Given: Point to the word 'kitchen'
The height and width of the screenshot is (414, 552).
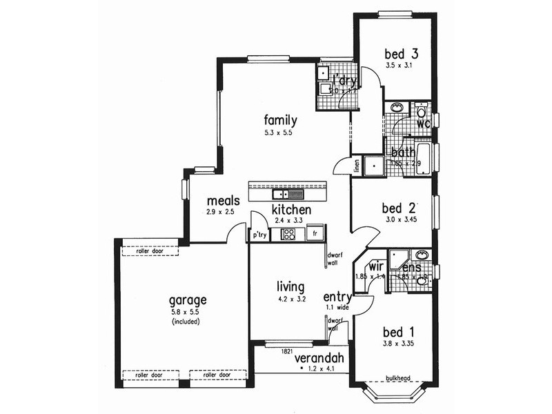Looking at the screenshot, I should (x=290, y=210).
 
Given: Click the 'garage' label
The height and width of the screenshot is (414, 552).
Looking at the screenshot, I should (x=188, y=300).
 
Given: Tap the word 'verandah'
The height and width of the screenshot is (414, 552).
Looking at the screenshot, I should (x=319, y=359).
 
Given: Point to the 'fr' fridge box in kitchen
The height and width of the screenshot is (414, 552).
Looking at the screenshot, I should (x=315, y=234).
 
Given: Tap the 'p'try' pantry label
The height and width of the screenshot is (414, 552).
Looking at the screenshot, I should (x=259, y=235).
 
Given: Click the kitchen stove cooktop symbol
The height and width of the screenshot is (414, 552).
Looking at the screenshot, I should (x=288, y=235).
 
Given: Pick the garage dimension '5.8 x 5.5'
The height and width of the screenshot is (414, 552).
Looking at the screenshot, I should (x=187, y=312).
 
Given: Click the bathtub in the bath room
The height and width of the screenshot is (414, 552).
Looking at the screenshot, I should (x=424, y=160).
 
